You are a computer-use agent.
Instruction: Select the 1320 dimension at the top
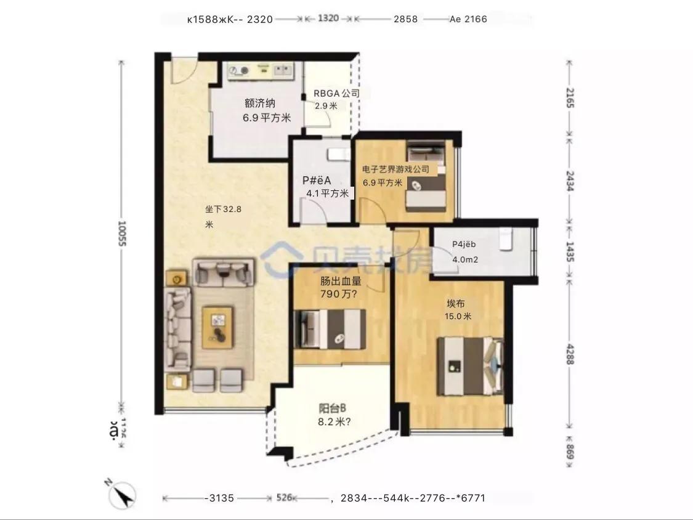pos(328,19)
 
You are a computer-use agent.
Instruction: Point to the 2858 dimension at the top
pos(405,19)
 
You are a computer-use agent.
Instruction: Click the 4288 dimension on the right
pos(569,352)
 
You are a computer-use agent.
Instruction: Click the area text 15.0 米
pos(459,317)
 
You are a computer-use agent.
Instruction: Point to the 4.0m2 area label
pos(465,259)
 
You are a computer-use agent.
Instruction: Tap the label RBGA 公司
pos(336,94)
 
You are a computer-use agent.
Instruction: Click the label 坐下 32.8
pos(223,209)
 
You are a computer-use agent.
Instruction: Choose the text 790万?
pos(339,294)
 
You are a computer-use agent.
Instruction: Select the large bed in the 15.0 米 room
pos(470,365)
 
